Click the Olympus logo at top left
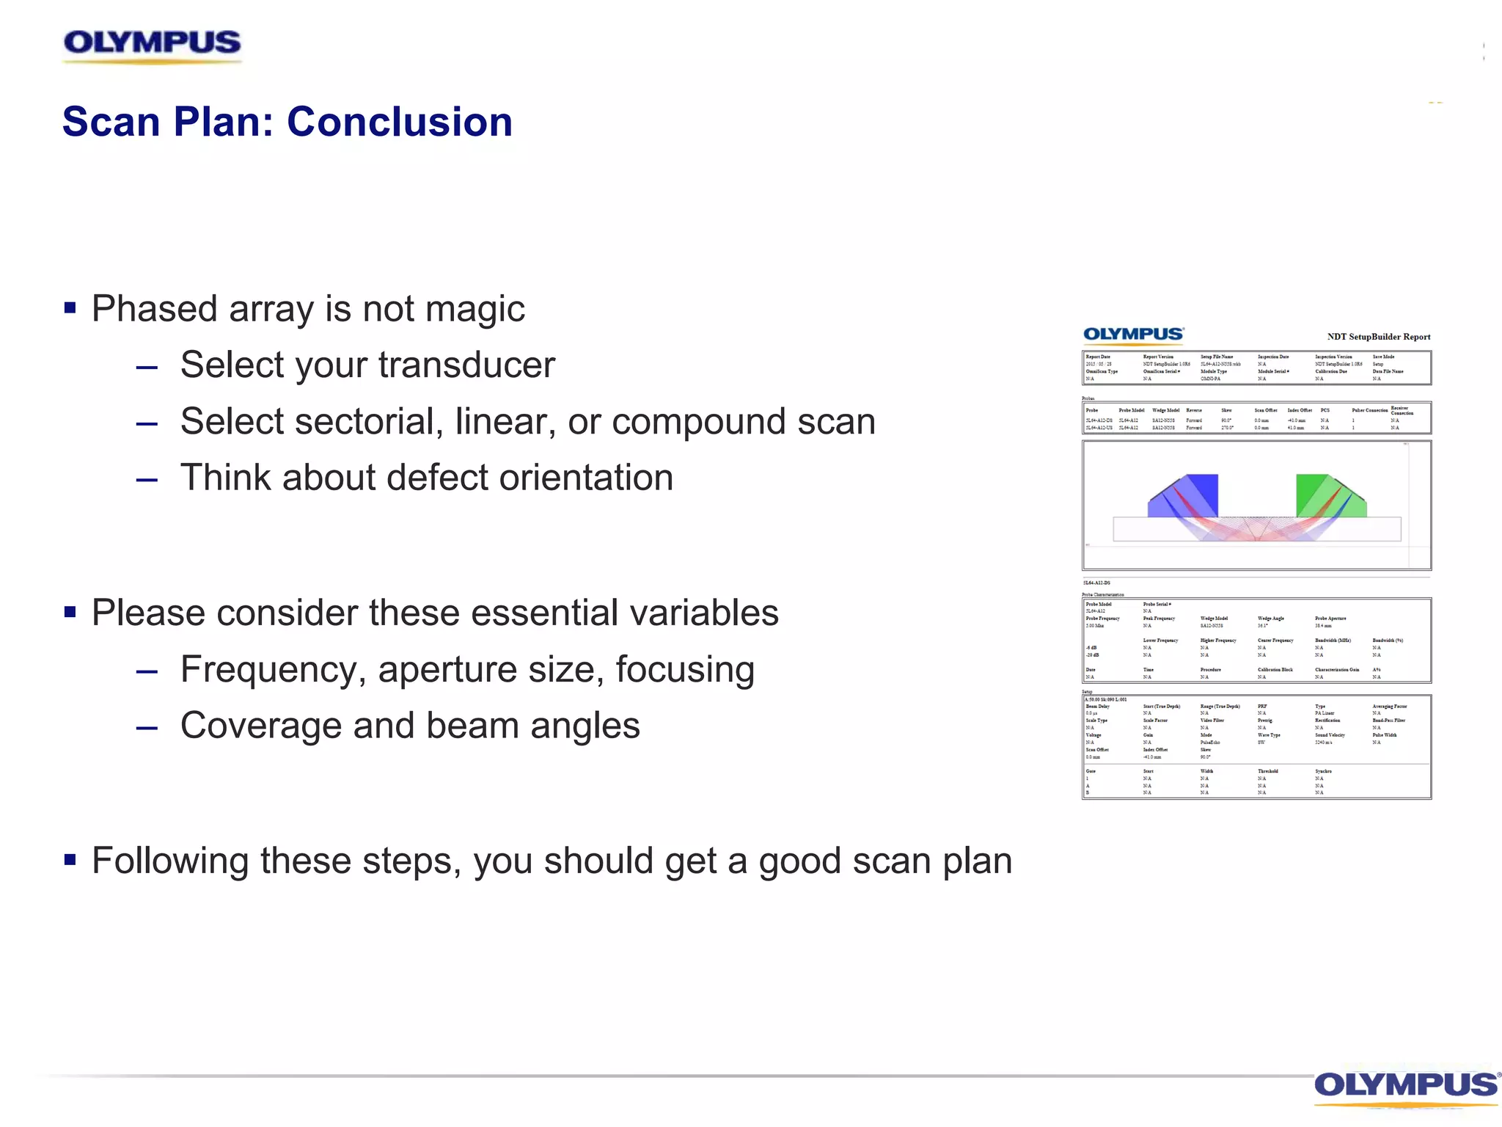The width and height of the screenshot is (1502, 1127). [x=152, y=44]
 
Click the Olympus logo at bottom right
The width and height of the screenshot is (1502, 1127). [x=1404, y=1085]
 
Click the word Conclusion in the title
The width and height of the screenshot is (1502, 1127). [x=400, y=122]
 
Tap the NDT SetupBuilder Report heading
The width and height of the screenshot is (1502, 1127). [x=1378, y=337]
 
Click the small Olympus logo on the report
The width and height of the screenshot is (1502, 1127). [x=1133, y=335]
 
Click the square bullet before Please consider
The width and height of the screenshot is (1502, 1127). [x=70, y=612]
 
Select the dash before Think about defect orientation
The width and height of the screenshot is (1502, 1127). [x=147, y=480]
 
